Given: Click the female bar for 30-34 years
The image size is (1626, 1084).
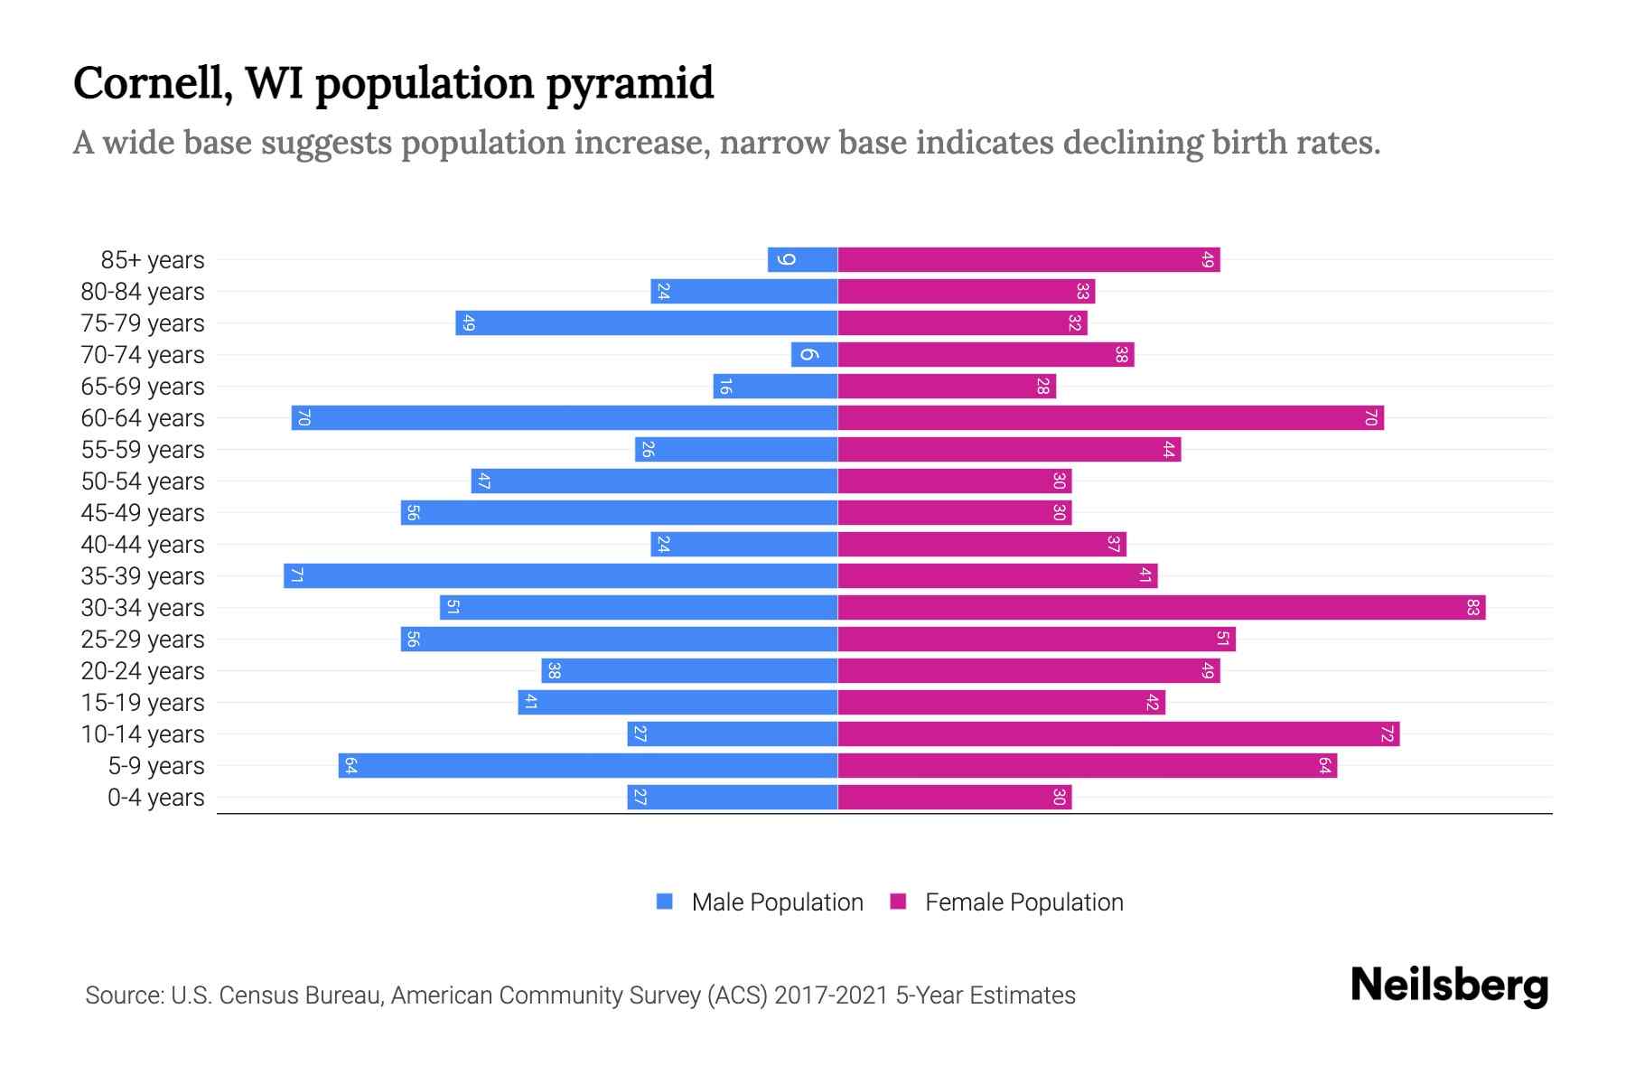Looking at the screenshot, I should [x=1161, y=607].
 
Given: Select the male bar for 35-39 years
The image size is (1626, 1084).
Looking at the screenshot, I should [x=560, y=575].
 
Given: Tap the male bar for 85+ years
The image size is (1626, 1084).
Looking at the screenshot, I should [x=802, y=259].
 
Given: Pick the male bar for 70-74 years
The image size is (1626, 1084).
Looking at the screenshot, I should [x=814, y=354].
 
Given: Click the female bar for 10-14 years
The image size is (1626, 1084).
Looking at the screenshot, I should [x=1118, y=734].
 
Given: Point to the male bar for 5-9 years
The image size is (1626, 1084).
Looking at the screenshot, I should [x=587, y=765].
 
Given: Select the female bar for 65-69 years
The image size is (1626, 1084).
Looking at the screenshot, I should [x=947, y=386].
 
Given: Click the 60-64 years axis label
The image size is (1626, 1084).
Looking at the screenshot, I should [x=143, y=418].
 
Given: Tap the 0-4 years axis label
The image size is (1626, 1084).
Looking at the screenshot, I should [x=155, y=798].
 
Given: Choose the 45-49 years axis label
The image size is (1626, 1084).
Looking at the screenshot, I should [x=143, y=513].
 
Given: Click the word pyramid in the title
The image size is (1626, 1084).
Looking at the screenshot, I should [x=630, y=84].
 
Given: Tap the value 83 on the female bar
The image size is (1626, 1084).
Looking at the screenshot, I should [x=1472, y=607].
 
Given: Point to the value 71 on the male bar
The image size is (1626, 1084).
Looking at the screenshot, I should [x=296, y=575].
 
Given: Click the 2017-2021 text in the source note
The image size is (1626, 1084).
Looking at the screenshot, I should [x=831, y=995].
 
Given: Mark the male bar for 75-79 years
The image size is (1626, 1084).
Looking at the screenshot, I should [x=646, y=322].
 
